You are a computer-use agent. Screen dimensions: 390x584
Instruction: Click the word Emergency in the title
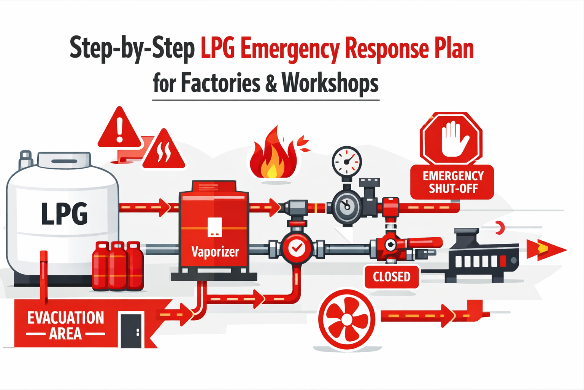point(290,50)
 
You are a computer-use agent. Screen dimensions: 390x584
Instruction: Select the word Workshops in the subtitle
point(330,83)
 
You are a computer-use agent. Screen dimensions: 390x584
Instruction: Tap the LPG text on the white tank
point(64,214)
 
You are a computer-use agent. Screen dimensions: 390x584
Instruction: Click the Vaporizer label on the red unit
point(215,252)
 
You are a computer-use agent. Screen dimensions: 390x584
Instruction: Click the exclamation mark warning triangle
point(120,130)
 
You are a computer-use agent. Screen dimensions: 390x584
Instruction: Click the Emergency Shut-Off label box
point(452,182)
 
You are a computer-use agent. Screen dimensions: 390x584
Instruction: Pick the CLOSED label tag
point(392,277)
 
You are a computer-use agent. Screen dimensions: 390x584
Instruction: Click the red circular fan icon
point(346,320)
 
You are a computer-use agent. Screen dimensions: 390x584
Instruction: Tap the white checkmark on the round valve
point(297,248)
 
